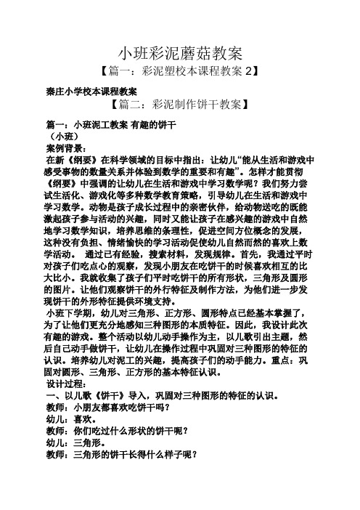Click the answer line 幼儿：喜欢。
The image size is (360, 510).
click(73, 419)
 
